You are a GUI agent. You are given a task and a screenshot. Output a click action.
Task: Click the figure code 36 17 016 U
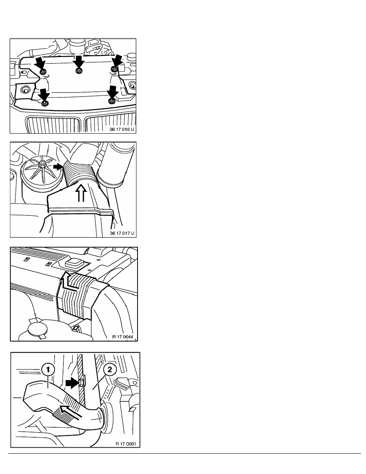(122, 129)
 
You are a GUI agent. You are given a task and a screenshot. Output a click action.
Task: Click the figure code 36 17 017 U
(122, 233)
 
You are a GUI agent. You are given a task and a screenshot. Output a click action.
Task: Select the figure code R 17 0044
(123, 337)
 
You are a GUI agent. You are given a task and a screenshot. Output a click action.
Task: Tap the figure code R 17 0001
(126, 444)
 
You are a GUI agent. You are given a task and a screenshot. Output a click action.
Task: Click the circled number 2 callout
(110, 369)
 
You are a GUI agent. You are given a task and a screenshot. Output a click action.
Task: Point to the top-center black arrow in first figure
(79, 62)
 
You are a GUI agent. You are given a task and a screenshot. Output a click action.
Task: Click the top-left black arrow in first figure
(39, 64)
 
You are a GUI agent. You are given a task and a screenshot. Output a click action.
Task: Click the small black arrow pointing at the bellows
(58, 166)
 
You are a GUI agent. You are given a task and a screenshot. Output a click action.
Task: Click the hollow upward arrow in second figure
(81, 193)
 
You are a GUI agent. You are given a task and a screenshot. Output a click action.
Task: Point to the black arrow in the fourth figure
(72, 383)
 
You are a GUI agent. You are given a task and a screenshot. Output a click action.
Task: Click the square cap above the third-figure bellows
(74, 263)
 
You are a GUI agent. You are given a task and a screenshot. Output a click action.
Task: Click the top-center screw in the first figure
(79, 71)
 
